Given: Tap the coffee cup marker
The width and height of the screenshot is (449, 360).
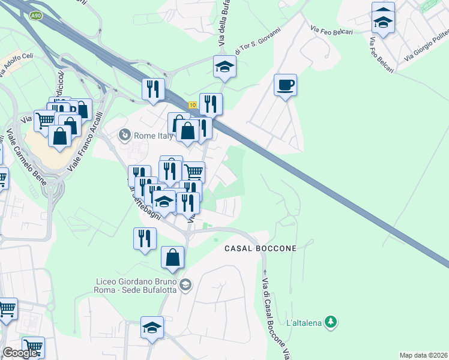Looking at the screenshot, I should tap(285, 85).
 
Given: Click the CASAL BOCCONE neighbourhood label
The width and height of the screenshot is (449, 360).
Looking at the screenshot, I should tap(261, 248).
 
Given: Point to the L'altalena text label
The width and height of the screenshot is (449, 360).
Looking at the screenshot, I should tap(304, 323).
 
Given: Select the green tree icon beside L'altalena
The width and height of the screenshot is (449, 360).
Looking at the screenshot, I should tap(330, 322).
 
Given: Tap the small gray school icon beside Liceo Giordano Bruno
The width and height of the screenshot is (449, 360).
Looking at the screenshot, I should tap(185, 284).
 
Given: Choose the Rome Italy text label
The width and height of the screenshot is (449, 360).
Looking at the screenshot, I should tap(154, 136).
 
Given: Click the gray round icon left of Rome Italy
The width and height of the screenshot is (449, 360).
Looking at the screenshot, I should tap(125, 135).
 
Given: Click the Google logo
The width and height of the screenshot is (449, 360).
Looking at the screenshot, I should tap(20, 353).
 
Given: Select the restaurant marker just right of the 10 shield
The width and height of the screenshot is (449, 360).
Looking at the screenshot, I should tap(211, 104).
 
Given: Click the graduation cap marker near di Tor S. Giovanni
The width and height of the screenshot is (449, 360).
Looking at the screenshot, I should tap(224, 67).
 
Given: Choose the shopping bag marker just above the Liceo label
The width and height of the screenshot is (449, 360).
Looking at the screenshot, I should tap(172, 257).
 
